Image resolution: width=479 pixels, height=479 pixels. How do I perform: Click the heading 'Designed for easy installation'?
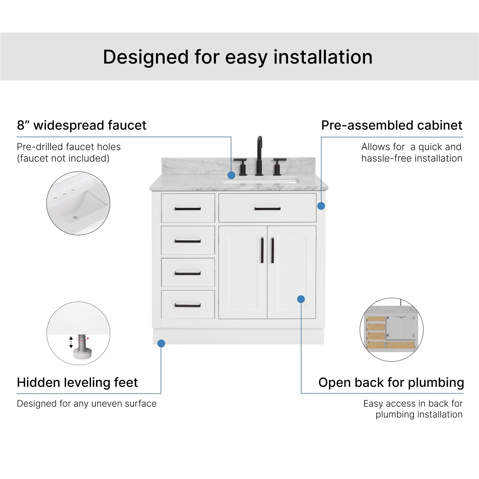pos(238,57)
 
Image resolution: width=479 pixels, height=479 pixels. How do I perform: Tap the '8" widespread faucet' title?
pos(82,125)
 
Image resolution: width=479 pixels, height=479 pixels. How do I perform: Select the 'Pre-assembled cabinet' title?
pos(392,125)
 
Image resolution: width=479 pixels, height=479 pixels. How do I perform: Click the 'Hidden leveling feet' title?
pos(77,382)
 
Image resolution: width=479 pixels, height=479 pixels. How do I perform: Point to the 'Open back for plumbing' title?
pos(391,382)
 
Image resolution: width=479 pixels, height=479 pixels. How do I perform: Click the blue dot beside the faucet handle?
pos(231,175)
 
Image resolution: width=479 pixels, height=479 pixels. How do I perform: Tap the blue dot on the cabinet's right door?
pos(301,299)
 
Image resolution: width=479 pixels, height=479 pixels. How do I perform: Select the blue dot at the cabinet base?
pos(161,343)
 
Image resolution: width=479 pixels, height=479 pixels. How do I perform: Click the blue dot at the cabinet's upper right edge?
pos(321,206)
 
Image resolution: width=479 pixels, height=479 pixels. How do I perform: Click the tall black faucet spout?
pos(259,155)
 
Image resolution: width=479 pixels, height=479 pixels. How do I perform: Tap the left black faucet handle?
pos(241,166)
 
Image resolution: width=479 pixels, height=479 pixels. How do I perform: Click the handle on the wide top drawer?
pos(267,209)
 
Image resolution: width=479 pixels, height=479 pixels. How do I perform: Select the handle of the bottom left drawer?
pos(188,305)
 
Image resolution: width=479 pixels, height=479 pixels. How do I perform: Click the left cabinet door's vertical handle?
pos(262,250)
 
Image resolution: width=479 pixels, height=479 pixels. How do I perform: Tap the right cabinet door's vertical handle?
pos(273,250)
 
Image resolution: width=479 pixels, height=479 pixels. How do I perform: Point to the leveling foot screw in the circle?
pos(82,343)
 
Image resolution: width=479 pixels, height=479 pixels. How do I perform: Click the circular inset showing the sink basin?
pos(79,203)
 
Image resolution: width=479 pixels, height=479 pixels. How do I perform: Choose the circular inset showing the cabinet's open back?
pos(392,330)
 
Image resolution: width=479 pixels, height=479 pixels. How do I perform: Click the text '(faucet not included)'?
pos(63,158)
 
